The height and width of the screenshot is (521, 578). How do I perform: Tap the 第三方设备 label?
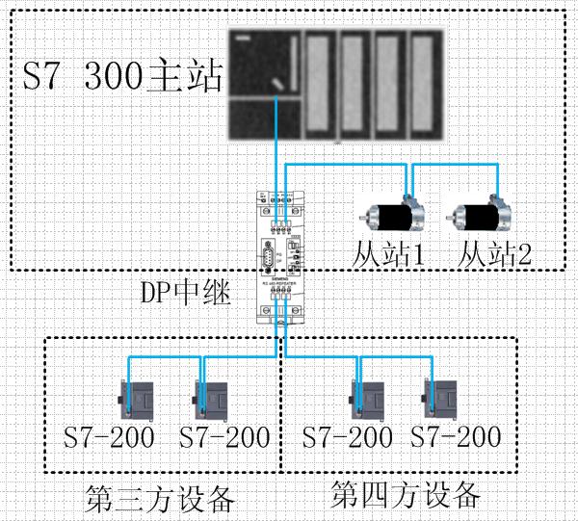(160, 500)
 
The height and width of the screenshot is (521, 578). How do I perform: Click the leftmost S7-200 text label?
(109, 438)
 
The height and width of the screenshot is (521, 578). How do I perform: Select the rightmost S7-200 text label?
(456, 438)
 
